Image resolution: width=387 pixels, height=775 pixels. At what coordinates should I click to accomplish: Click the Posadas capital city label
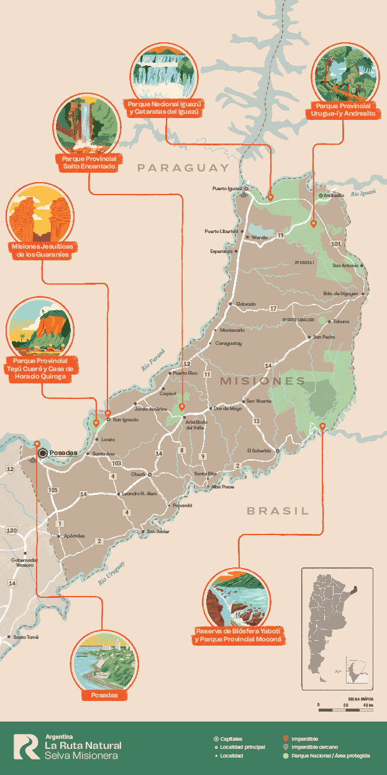pyautogui.click(x=63, y=453)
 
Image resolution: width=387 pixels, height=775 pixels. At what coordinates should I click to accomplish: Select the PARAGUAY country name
pyautogui.click(x=183, y=168)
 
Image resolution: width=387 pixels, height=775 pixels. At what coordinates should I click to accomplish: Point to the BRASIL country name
pyautogui.click(x=278, y=511)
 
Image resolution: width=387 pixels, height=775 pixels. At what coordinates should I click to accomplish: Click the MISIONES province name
pyautogui.click(x=263, y=380)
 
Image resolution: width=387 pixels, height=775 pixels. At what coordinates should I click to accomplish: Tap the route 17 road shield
pyautogui.click(x=273, y=308)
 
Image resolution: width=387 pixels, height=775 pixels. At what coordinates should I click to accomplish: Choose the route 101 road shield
pyautogui.click(x=336, y=244)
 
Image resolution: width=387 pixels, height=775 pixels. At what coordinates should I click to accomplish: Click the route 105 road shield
pyautogui.click(x=53, y=490)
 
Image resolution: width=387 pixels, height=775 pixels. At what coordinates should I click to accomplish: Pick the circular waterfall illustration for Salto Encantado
pyautogui.click(x=87, y=125)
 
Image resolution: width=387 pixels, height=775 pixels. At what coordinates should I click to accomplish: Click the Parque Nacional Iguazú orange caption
pyautogui.click(x=164, y=108)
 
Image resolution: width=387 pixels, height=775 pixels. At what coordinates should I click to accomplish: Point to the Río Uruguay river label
pyautogui.click(x=111, y=574)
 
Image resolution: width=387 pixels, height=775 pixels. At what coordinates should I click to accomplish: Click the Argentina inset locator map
pyautogui.click(x=338, y=628)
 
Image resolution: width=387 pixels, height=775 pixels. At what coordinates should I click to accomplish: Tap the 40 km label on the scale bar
pyautogui.click(x=368, y=705)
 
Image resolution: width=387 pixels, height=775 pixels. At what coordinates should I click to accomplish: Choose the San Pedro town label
pyautogui.click(x=324, y=337)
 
